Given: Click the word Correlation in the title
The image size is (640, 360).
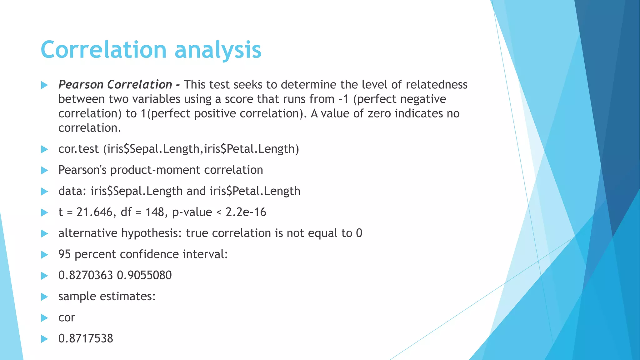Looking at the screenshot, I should (x=103, y=50).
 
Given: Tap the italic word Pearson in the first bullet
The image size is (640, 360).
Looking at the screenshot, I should (x=81, y=85).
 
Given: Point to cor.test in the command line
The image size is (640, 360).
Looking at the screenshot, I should (x=78, y=149).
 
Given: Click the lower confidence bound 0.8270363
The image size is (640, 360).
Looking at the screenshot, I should (x=85, y=275).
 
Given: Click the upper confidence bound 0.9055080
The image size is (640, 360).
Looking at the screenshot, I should (x=144, y=275).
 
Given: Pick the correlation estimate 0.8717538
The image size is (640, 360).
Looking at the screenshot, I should (x=86, y=338).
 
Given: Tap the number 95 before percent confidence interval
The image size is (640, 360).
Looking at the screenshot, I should (x=65, y=254).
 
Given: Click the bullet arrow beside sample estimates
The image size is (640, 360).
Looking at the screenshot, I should (x=44, y=297).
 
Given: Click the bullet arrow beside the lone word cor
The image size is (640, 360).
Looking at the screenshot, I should (x=44, y=318).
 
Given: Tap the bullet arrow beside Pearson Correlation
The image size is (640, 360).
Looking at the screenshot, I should (x=44, y=85).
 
